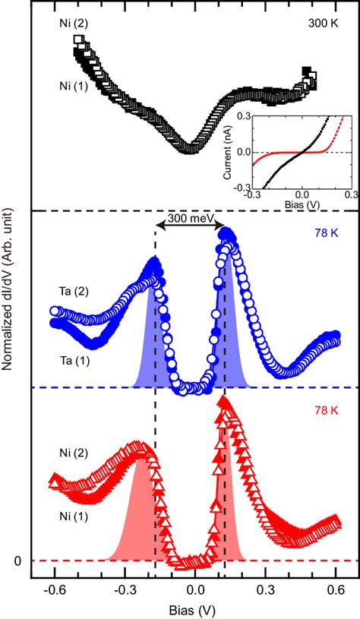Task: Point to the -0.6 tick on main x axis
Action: [53, 589]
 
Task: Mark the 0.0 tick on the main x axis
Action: [195, 589]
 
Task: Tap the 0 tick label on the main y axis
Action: [22, 561]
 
